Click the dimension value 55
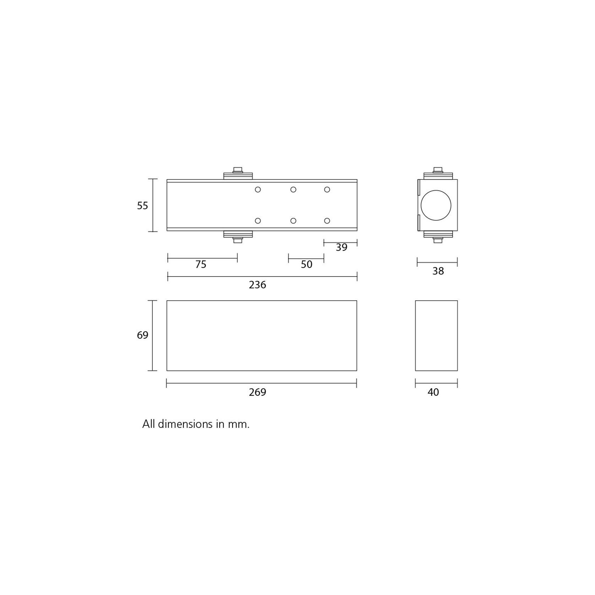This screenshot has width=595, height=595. pyautogui.click(x=142, y=206)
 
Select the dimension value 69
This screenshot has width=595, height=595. pyautogui.click(x=142, y=335)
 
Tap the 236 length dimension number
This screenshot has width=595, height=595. pyautogui.click(x=257, y=285)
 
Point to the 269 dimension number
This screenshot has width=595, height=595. pyautogui.click(x=257, y=392)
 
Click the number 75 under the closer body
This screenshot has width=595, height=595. pyautogui.click(x=201, y=264)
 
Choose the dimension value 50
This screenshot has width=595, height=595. pyautogui.click(x=306, y=264)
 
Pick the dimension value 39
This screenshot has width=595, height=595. pyautogui.click(x=341, y=247)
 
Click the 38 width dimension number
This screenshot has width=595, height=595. pyautogui.click(x=438, y=271)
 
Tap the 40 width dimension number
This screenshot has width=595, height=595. pyautogui.click(x=433, y=392)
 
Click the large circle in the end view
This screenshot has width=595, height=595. pyautogui.click(x=436, y=205)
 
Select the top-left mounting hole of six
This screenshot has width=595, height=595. pyautogui.click(x=258, y=190)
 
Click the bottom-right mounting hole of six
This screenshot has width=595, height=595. pyautogui.click(x=327, y=221)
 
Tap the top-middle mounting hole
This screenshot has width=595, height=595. pyautogui.click(x=293, y=190)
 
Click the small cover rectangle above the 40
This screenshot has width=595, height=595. pyautogui.click(x=436, y=335)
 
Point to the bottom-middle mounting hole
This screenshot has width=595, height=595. pyautogui.click(x=293, y=221)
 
